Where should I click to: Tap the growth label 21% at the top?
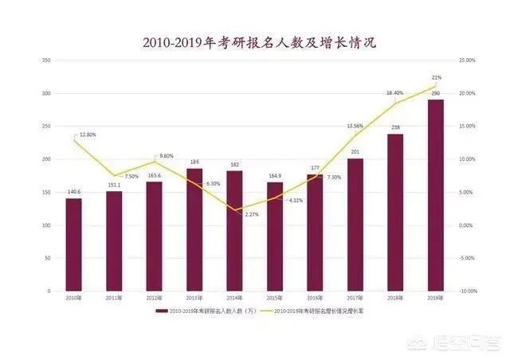[x=437, y=77]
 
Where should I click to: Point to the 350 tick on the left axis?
[x=46, y=61]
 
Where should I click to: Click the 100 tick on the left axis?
[x=46, y=225]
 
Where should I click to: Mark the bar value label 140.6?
[x=74, y=193]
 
